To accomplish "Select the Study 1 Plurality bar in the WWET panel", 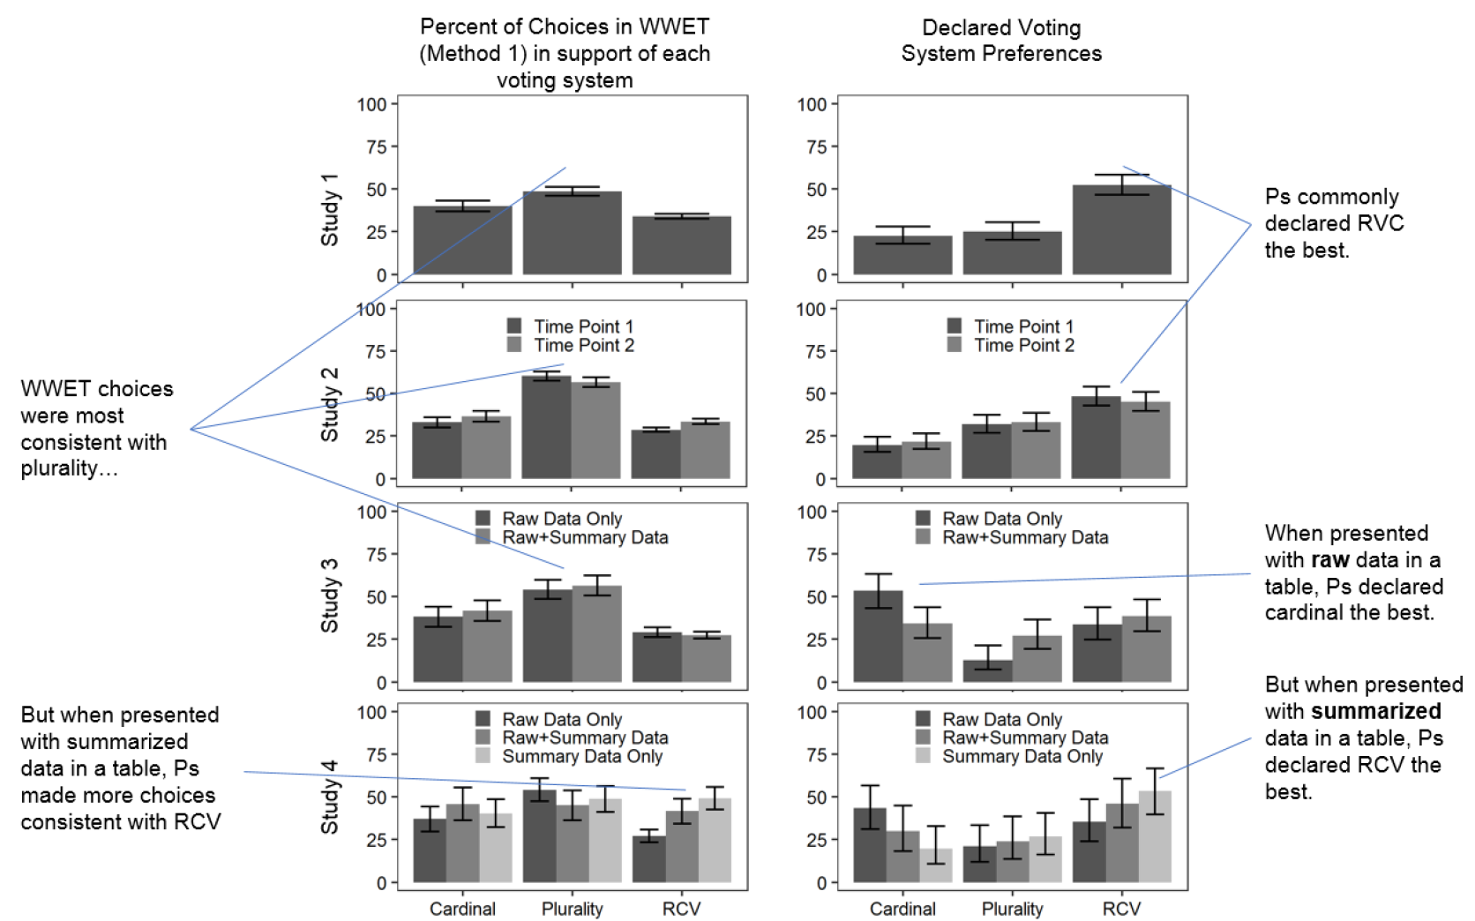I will click(572, 234).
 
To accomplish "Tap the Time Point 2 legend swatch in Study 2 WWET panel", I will click(514, 345).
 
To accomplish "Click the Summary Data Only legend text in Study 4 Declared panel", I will click(1022, 757).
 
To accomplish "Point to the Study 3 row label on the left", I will click(330, 595).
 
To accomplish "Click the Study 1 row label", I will click(330, 210).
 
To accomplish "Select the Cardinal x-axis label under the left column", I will click(462, 909).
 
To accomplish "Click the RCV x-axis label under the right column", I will click(1121, 909).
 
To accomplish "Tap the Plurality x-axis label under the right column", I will click(1012, 909).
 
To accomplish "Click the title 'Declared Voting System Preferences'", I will click(1001, 41).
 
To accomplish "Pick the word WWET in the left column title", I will click(676, 26).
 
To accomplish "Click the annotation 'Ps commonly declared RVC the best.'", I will click(1333, 223).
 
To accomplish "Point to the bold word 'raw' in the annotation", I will click(1329, 560).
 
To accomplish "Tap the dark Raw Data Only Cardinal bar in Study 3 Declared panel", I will click(878, 636).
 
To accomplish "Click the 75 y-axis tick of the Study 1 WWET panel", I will click(376, 146).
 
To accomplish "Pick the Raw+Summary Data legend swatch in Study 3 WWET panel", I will click(483, 537).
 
